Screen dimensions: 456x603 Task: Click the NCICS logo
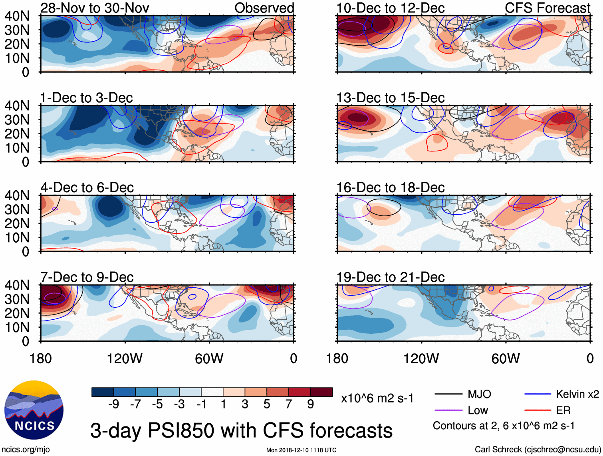coord(34,410)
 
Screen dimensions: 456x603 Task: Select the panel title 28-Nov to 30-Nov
coord(95,8)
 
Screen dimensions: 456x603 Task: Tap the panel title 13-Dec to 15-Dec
coord(391,98)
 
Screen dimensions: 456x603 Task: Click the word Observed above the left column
coord(264,8)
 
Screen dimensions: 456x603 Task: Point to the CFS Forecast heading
coord(547,8)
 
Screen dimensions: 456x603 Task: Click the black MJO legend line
coord(448,394)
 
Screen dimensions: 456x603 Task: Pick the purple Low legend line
coord(448,410)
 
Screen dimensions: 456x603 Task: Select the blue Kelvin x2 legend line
coord(538,394)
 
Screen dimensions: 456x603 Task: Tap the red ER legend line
coord(538,410)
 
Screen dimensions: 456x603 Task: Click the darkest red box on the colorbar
coord(321,392)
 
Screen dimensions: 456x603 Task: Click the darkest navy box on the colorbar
coord(103,392)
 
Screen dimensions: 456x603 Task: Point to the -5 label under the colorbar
coord(157,404)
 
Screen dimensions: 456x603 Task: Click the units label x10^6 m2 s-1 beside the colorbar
coord(377,398)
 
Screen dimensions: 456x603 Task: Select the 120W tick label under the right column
coord(421,358)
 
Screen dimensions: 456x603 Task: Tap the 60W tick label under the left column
coord(209,358)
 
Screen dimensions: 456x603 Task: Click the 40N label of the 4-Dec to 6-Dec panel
coord(17,195)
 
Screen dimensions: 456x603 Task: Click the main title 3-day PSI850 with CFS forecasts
coord(241,430)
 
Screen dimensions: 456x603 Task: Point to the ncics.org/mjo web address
coord(26,450)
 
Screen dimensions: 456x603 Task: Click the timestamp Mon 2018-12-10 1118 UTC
coord(301,450)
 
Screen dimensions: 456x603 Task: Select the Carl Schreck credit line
coord(538,450)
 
